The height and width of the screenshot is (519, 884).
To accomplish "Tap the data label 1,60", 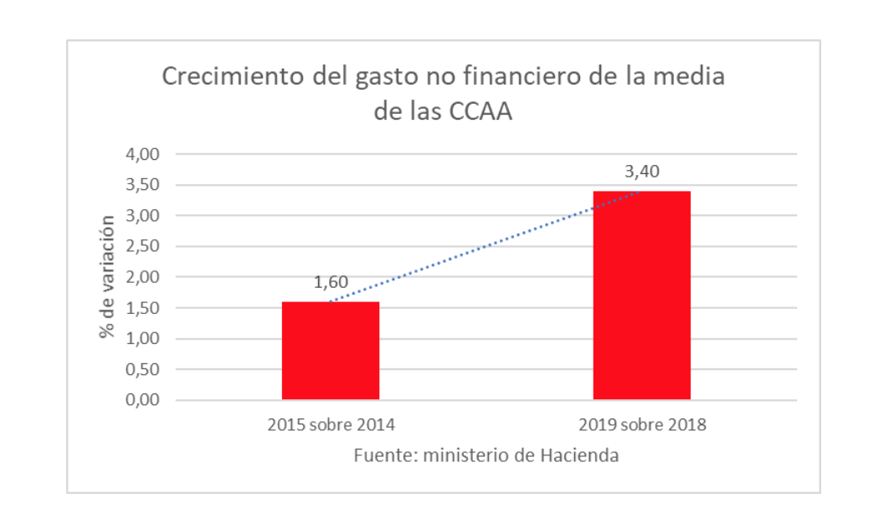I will (x=331, y=283).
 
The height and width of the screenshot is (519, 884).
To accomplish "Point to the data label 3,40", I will (x=642, y=172).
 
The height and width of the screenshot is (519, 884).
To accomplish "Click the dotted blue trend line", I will (x=486, y=247).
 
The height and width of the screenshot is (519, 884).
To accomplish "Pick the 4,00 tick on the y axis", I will (x=142, y=154).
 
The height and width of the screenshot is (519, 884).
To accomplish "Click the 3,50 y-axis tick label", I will (x=142, y=185).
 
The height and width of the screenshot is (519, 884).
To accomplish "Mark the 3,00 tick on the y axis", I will (x=142, y=216).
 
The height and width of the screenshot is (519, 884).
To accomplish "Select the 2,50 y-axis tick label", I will (x=142, y=246).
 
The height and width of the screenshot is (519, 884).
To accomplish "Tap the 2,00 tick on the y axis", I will (x=142, y=277).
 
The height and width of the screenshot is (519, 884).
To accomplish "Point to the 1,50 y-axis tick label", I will (x=142, y=308).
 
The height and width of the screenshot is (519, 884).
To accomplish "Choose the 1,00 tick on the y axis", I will (x=142, y=339).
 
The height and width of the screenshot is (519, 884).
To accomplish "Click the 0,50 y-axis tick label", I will (x=142, y=369).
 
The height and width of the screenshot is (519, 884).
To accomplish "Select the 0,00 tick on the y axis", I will (x=142, y=400).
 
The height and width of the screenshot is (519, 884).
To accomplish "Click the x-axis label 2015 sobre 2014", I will (x=331, y=424).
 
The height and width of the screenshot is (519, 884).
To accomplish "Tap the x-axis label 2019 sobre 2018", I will (x=642, y=424).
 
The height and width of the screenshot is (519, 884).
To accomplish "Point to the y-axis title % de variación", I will (x=106, y=277).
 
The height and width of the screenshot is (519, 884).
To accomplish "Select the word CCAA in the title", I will (x=479, y=111).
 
